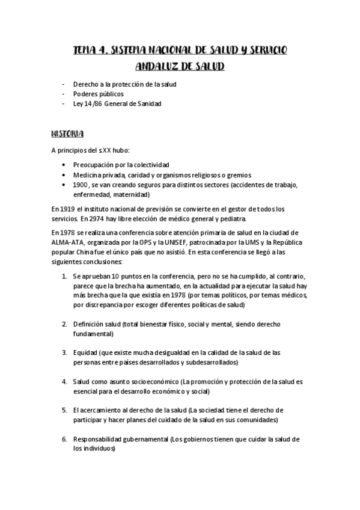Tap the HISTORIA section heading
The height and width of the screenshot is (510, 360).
point(67,133)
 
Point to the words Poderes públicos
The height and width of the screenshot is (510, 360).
point(99,94)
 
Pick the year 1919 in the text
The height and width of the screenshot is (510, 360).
point(67,208)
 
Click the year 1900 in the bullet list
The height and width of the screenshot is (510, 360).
point(81,185)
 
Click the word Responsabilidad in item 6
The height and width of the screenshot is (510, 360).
point(100,439)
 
